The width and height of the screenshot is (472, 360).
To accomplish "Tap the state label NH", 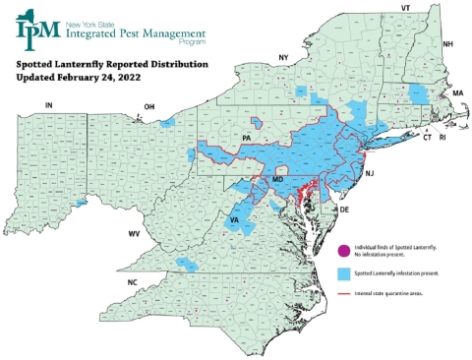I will pos(447,44).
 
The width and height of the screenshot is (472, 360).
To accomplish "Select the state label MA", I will pos(457,92).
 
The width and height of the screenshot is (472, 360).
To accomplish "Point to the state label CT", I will pos(427,139).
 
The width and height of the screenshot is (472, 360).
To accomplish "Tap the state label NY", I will pos(283,58).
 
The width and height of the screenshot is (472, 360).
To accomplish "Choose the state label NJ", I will pos(370,173).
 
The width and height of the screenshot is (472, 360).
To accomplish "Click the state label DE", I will pos(344,210).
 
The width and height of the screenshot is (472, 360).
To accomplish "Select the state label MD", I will pos(278,181).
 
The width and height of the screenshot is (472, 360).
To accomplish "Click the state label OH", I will pos(149,106).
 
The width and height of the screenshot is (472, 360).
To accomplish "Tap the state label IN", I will pos(47,104).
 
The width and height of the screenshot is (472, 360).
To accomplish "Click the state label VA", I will pos(235,220).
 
